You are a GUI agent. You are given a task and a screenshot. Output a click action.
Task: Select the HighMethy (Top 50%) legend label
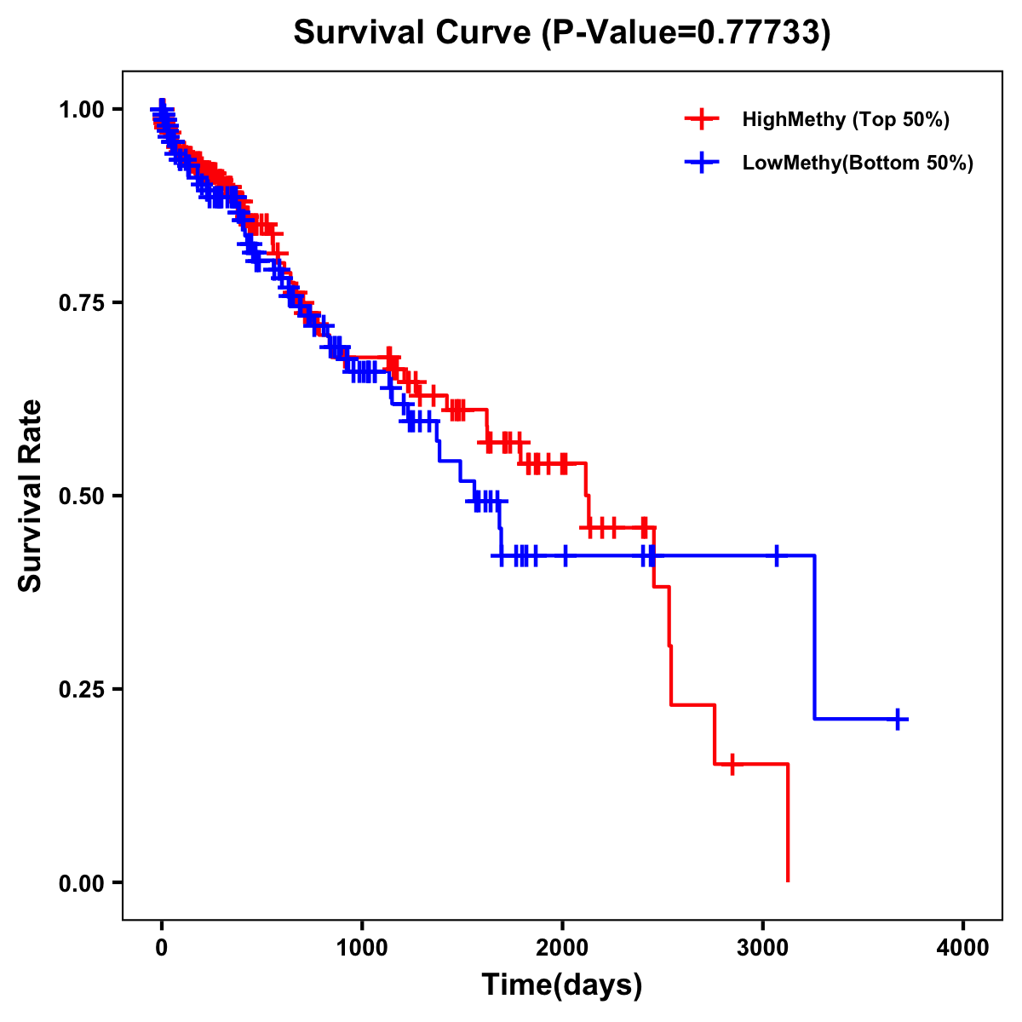coord(845,119)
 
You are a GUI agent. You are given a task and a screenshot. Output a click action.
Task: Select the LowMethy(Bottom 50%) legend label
coord(858,164)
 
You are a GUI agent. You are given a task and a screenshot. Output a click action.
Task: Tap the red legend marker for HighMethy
coord(702,119)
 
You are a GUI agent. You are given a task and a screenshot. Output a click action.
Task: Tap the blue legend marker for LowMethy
coord(702,164)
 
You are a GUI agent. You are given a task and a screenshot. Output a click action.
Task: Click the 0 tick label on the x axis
coord(162,947)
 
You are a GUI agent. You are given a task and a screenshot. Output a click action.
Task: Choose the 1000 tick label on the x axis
coord(362,947)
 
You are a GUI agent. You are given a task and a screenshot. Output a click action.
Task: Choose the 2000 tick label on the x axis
coord(562,947)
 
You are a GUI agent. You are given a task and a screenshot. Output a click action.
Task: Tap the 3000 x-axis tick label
coord(763,947)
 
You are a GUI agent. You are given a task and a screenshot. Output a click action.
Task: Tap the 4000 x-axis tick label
coord(963,947)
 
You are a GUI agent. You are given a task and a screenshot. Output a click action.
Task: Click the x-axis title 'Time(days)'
coord(562,985)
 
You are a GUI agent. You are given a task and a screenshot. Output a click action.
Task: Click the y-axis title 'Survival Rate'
coord(32,496)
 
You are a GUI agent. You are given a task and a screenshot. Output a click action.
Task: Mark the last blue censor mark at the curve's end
coord(898,720)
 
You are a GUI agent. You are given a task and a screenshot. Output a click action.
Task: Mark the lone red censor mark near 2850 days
coord(732,764)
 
